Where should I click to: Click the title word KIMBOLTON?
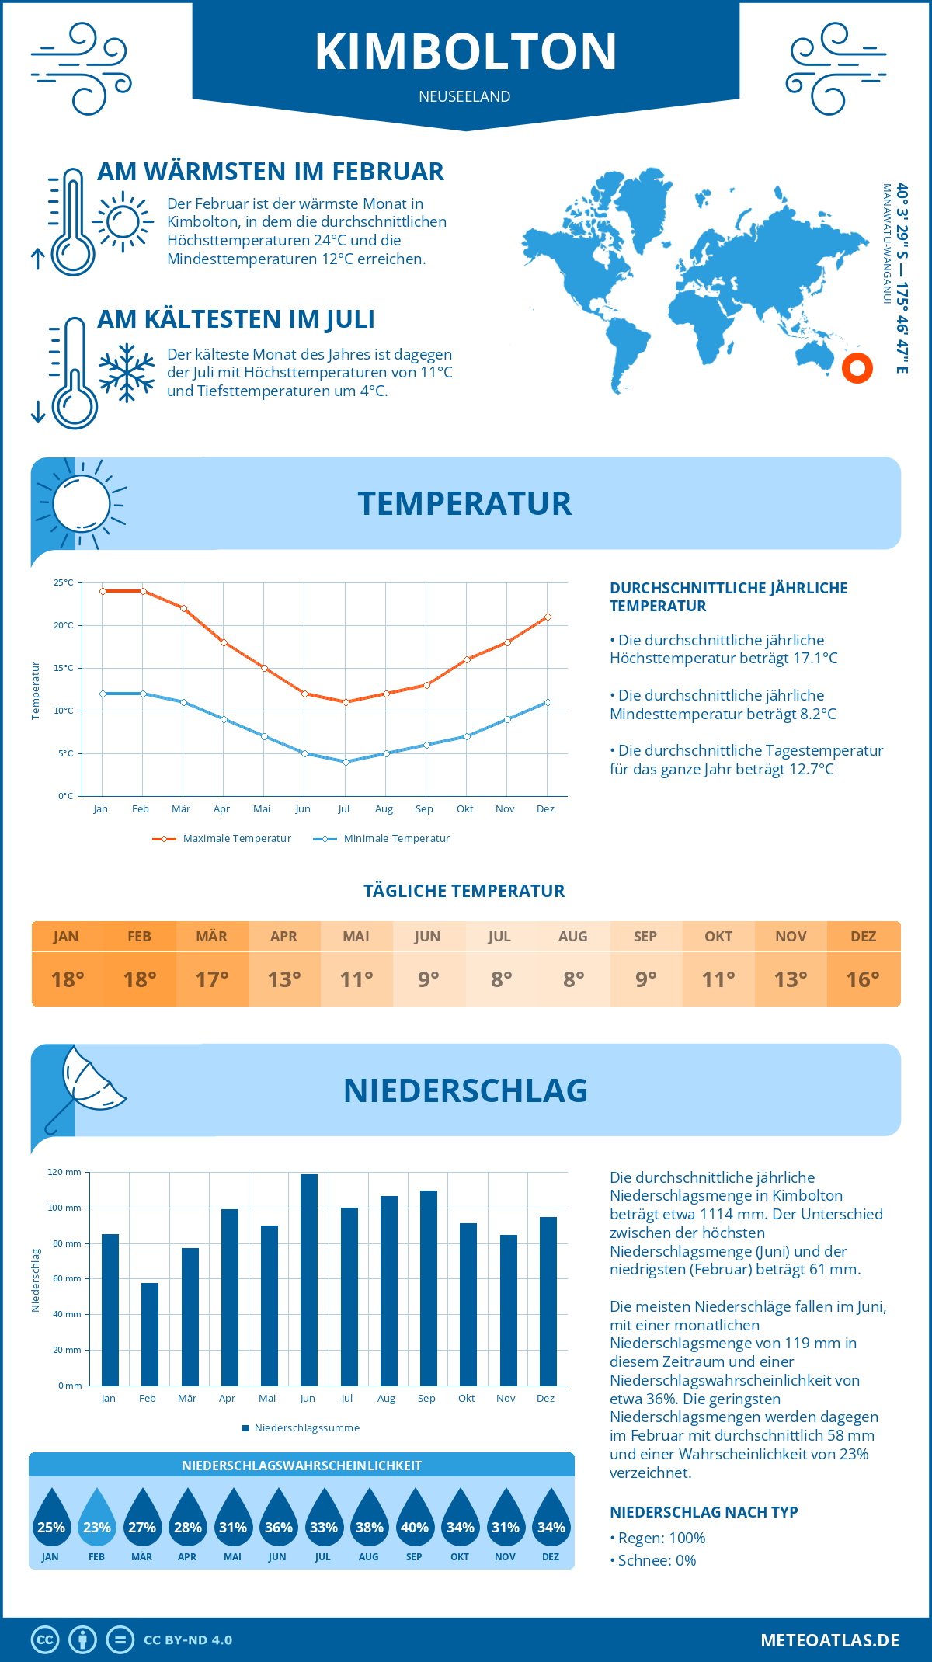pyautogui.click(x=466, y=51)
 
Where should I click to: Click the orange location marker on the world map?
pyautogui.click(x=857, y=368)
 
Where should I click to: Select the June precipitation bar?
pyautogui.click(x=308, y=1279)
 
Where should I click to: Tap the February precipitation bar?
pyautogui.click(x=150, y=1333)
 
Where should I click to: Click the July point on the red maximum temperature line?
pyautogui.click(x=346, y=702)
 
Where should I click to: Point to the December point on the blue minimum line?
pyautogui.click(x=548, y=702)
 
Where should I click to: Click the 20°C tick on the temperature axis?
pyautogui.click(x=64, y=625)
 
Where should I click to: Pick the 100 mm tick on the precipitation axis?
pyautogui.click(x=64, y=1208)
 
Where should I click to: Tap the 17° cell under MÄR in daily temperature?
pyautogui.click(x=212, y=979)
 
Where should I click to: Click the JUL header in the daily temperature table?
pyautogui.click(x=499, y=937)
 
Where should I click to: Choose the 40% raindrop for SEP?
pyautogui.click(x=415, y=1518)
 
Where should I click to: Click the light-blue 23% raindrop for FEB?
pyautogui.click(x=97, y=1518)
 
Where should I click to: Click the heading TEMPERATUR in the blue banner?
pyautogui.click(x=464, y=503)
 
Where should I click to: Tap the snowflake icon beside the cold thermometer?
pyautogui.click(x=127, y=373)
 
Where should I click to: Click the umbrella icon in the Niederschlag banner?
pyautogui.click(x=85, y=1086)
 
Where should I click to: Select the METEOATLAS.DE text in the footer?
pyautogui.click(x=829, y=1640)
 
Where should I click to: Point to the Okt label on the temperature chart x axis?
pyautogui.click(x=464, y=809)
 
